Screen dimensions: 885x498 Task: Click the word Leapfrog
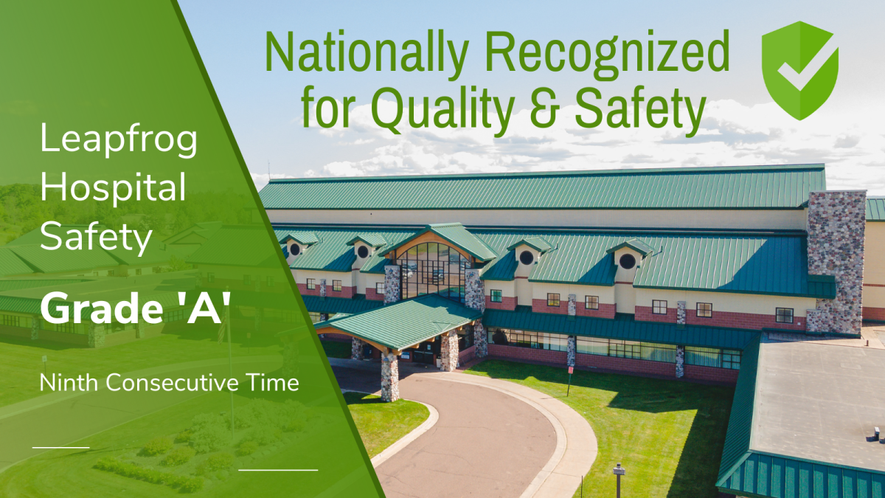[119, 140]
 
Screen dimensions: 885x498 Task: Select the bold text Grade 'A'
[135, 308]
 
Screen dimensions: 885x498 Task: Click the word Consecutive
[172, 383]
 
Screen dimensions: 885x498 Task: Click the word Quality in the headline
[443, 108]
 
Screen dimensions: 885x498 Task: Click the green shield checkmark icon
[800, 70]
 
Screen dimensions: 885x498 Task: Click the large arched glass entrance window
[434, 272]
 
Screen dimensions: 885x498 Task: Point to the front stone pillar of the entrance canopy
[389, 376]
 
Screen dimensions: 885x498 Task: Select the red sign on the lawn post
[571, 370]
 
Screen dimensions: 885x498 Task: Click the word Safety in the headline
[640, 108]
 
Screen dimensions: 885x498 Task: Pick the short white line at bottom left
[60, 447]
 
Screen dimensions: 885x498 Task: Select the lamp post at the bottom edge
[618, 481]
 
